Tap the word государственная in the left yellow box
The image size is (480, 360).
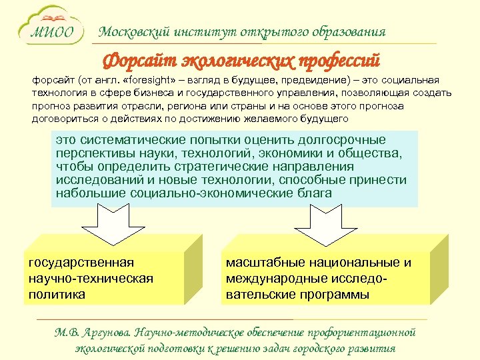tap(81, 263)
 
